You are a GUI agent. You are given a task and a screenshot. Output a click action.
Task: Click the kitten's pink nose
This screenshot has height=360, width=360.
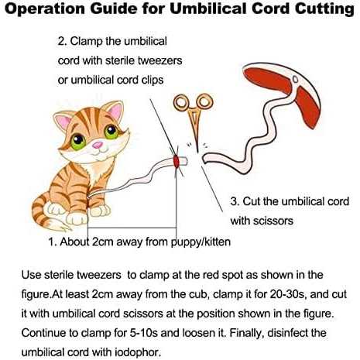coord(98,145)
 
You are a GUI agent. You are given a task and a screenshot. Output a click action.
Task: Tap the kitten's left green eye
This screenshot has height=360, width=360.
coord(78,142)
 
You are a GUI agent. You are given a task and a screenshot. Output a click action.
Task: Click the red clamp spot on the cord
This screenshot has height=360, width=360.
coord(177,161)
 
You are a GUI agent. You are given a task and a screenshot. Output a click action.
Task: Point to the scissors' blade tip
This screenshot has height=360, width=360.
coord(197,152)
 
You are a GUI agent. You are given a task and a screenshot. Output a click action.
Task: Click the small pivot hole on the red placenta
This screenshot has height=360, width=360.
coord(296,80)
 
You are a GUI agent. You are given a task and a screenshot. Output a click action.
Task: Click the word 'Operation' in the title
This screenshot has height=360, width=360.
coord(45,9)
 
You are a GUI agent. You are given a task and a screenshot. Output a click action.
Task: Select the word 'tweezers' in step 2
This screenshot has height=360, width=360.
coord(159,60)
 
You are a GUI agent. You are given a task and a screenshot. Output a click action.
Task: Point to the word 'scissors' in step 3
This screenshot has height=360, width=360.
coord(273,221)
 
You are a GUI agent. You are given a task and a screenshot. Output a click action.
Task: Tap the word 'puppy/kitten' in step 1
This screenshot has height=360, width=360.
coord(201,242)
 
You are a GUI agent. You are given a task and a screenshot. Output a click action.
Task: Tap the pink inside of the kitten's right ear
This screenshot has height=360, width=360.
coord(116,112)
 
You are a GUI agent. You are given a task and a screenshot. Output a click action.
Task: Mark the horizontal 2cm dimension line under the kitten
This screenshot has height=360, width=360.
coord(132,228)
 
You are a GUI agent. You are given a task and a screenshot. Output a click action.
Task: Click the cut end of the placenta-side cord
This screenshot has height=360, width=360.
coord(204,159)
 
